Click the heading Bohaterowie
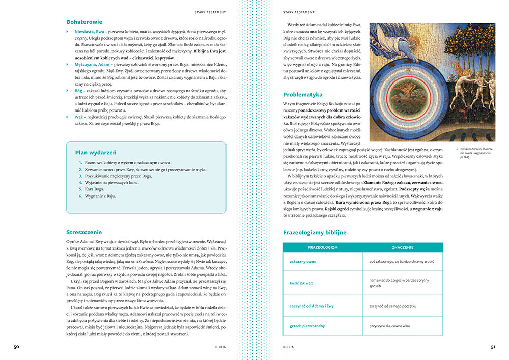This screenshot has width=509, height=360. [84, 22]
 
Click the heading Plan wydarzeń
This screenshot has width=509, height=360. [96, 152]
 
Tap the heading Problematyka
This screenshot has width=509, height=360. [304, 94]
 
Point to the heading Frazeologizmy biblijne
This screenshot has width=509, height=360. [315, 232]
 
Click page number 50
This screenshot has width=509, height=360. [16, 347]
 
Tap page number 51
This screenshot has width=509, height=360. [493, 347]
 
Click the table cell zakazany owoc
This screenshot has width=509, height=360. [303, 262]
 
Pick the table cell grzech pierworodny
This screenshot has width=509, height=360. [307, 325]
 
